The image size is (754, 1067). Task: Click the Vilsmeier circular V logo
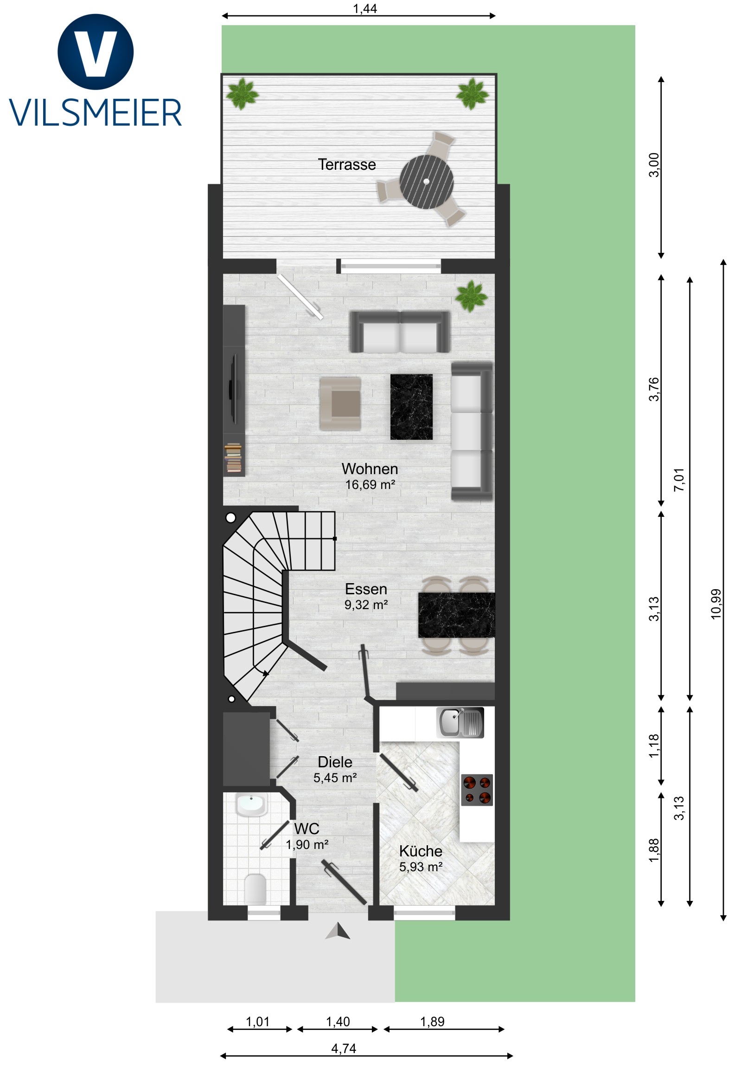coord(96,51)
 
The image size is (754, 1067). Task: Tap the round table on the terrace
coord(427,182)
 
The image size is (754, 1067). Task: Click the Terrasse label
coord(346,165)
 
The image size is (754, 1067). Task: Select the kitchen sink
coord(460,723)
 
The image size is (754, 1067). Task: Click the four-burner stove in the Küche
coord(477,790)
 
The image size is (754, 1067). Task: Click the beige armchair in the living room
coord(340,404)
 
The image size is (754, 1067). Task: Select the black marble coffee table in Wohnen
coord(411,407)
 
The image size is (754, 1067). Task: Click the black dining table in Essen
coord(456,615)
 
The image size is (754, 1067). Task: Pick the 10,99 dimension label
coord(716,604)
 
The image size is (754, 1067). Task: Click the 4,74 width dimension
coord(344,1048)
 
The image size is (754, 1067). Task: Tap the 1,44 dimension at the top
coord(364,9)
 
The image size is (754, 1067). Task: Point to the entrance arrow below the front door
coord(338,931)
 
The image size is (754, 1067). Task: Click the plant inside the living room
coord(472,296)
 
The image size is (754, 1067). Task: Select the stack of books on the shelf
coord(233,458)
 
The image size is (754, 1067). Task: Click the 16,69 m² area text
coord(370,485)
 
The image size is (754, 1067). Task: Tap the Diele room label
coord(334,762)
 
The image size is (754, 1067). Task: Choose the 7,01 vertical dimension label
coord(679,480)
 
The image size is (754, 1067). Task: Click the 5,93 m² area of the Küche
coord(421,867)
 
